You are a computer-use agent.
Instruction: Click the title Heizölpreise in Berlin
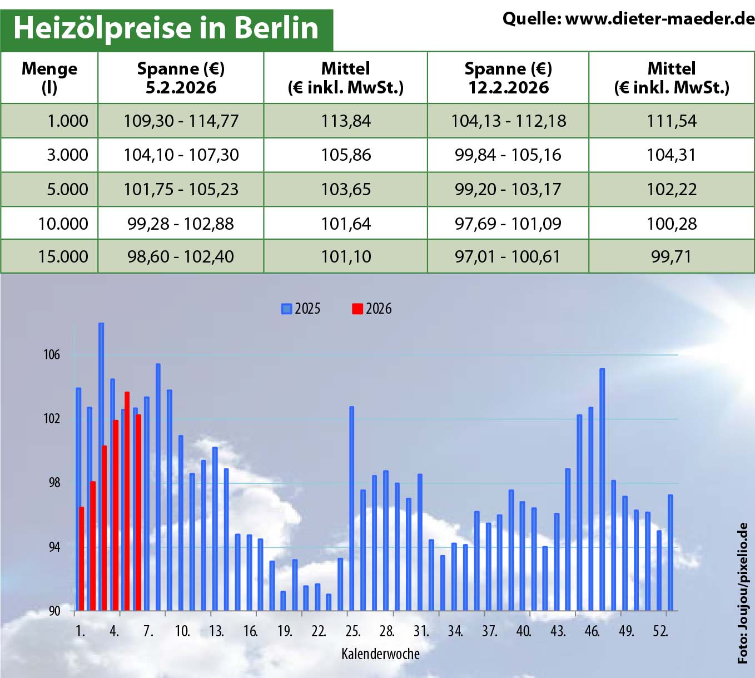pyautogui.click(x=166, y=28)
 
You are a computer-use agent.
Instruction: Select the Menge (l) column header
pyautogui.click(x=49, y=77)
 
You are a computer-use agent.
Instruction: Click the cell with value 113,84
pyautogui.click(x=346, y=121)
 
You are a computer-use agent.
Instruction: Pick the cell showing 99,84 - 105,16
pyautogui.click(x=508, y=155)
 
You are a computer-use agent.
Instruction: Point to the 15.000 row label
pyautogui.click(x=63, y=256)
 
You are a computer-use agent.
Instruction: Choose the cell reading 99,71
pyautogui.click(x=672, y=256)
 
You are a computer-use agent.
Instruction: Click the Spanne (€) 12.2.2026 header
pyautogui.click(x=508, y=77)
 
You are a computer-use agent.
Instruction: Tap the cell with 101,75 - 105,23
pyautogui.click(x=181, y=189)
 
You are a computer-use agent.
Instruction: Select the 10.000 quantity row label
pyautogui.click(x=63, y=224)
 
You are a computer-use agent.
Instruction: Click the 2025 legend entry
pyautogui.click(x=301, y=309)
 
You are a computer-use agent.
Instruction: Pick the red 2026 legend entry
pyautogui.click(x=372, y=309)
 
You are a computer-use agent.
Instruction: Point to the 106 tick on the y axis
pyautogui.click(x=52, y=355)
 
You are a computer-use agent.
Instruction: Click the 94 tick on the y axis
pyautogui.click(x=54, y=547)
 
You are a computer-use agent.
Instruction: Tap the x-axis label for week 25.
pyautogui.click(x=353, y=631)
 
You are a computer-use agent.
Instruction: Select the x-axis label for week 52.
pyautogui.click(x=660, y=631)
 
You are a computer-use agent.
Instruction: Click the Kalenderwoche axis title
pyautogui.click(x=380, y=654)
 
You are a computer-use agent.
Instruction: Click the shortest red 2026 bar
pyautogui.click(x=82, y=558)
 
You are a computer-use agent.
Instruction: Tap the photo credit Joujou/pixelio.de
pyautogui.click(x=743, y=592)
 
